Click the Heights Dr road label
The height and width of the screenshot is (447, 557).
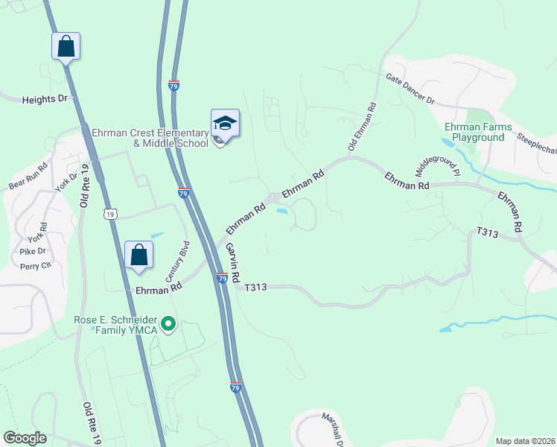(x=45, y=98)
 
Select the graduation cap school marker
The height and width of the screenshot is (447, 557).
(x=225, y=122)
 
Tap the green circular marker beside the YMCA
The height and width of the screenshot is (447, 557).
(x=168, y=323)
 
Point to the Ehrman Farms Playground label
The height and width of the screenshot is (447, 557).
(x=478, y=132)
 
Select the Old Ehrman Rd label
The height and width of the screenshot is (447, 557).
(x=363, y=125)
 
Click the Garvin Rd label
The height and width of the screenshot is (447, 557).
(x=233, y=261)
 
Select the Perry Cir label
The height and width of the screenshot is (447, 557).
(x=36, y=265)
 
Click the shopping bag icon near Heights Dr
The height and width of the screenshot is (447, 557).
(x=66, y=46)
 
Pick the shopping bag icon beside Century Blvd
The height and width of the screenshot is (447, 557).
(x=139, y=255)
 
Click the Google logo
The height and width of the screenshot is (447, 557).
(x=25, y=438)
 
